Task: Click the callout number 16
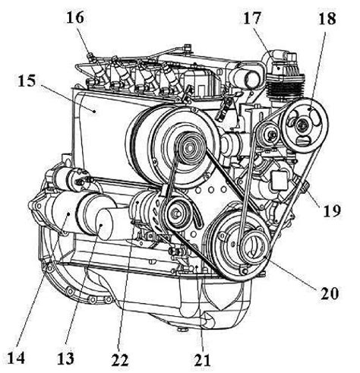point(75,17)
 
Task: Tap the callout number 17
point(251,18)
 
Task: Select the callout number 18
point(327,18)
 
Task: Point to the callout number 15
point(27,81)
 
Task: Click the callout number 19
point(332,210)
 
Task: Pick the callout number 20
point(330,293)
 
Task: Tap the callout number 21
point(203,359)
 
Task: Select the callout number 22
point(120,359)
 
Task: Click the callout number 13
point(65,359)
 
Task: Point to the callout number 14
point(16,359)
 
